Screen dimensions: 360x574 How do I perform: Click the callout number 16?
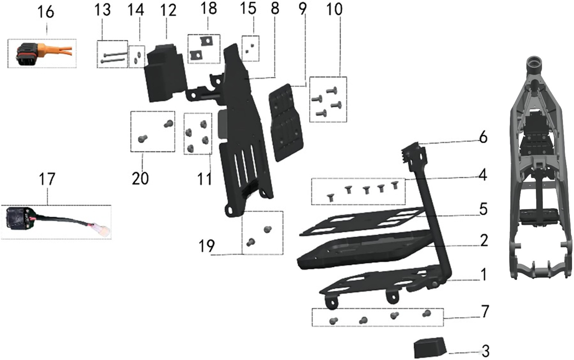pos(46,12)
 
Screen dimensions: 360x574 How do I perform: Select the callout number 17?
pos(47,180)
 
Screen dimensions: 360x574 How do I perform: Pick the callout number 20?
pos(140,178)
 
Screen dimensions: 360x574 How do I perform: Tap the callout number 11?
pos(204,178)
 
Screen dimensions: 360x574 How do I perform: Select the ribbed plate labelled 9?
pos(286,124)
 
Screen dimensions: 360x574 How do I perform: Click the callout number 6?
pos(482,137)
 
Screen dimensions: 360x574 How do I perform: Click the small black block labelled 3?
pos(430,348)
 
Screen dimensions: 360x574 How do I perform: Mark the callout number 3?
pos(484,350)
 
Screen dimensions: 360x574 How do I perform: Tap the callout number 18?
pos(209,8)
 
